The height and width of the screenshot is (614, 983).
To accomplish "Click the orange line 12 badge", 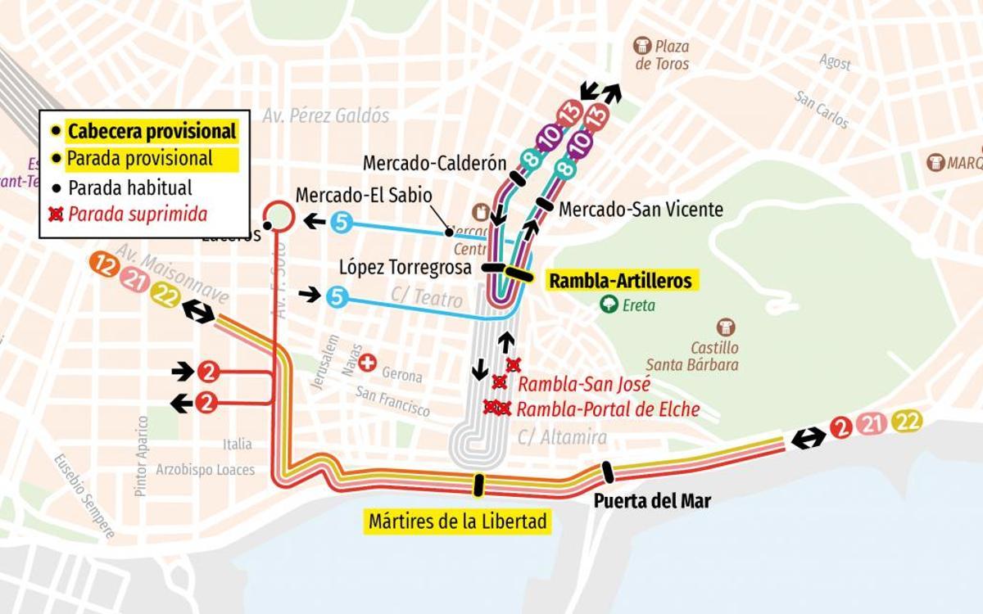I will (105, 264).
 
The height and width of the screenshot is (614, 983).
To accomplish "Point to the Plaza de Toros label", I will (661, 55).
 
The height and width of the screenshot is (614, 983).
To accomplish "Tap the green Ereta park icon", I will (609, 305).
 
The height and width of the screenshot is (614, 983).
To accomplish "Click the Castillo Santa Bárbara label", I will (703, 356).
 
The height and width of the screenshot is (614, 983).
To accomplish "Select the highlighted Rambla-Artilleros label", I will (619, 281).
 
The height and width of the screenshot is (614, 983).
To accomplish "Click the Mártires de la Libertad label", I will (457, 521).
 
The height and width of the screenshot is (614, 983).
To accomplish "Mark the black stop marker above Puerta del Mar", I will (607, 472).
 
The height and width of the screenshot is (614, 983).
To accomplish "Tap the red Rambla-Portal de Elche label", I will (608, 409).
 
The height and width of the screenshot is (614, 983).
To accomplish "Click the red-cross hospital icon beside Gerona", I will (368, 363).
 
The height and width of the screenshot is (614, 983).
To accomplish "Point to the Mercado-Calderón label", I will (434, 162).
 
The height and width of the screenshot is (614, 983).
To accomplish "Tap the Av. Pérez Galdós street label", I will (325, 115).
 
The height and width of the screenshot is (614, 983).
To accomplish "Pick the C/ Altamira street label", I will (562, 438).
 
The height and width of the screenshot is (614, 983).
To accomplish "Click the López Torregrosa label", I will (405, 268).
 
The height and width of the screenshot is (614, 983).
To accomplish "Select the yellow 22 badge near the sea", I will (908, 422).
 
